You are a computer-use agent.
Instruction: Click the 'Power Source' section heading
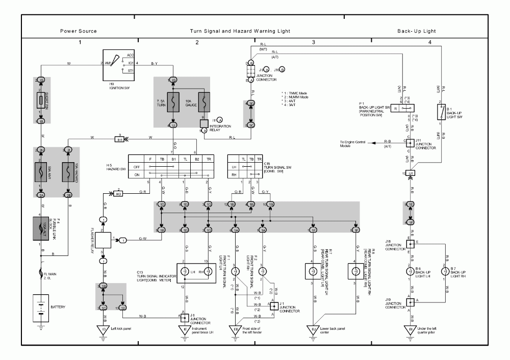point(78,31)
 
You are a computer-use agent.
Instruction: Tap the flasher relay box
point(103,239)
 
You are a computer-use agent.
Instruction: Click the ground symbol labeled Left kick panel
point(104,330)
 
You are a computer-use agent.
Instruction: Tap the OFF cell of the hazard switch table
point(136,166)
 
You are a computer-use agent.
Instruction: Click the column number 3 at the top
point(314,42)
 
